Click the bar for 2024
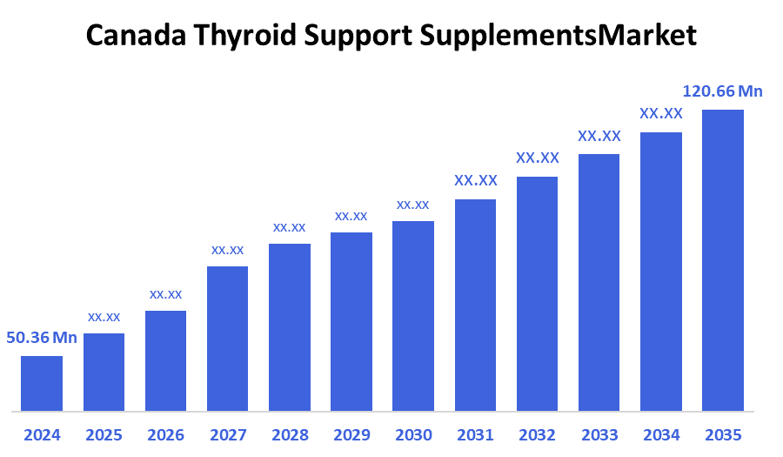[42, 383]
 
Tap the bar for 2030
[413, 315]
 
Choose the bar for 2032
[537, 293]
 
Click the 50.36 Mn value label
[42, 338]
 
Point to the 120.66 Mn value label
[723, 91]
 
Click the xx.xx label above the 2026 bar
[165, 294]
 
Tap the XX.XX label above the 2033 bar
[599, 136]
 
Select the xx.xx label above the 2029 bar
[351, 216]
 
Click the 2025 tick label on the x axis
[104, 434]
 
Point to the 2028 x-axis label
[290, 434]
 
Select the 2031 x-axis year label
[475, 434]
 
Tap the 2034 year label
[661, 434]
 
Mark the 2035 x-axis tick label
[723, 434]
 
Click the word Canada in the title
[137, 36]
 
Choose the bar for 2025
[104, 372]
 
